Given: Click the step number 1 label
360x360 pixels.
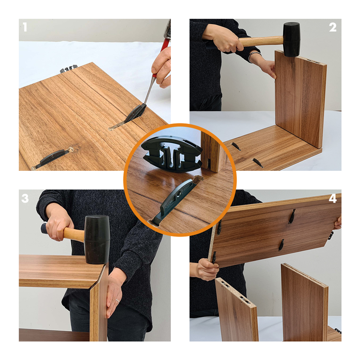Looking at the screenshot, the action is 25,27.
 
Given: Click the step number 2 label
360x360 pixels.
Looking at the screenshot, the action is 333,27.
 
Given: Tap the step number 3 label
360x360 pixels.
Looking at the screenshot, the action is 25,198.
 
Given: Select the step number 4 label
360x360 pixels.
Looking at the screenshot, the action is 333,198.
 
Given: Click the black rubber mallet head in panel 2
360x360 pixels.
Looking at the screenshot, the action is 291,39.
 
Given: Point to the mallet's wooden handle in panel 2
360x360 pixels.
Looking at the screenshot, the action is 261,42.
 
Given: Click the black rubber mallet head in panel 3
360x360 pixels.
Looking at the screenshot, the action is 97,240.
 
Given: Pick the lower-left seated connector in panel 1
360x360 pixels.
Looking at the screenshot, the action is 52,158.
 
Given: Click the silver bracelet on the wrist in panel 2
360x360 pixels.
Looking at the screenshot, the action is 254,57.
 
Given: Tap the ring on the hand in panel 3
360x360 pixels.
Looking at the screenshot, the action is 118,300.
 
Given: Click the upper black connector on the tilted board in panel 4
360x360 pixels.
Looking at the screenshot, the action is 292,216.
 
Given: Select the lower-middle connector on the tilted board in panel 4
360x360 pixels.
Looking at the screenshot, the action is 281,245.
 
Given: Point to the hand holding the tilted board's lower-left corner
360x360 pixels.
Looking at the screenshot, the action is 206,269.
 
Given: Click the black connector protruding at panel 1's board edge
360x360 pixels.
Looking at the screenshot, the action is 69,69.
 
